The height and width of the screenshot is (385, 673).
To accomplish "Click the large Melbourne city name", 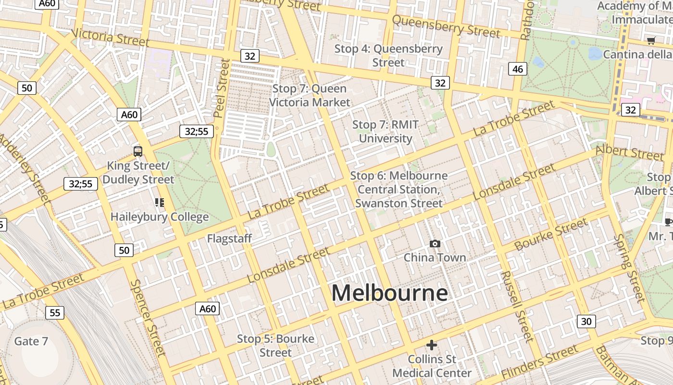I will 389,293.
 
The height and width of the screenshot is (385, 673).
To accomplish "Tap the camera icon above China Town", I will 435,244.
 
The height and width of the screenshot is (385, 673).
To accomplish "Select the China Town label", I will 435,257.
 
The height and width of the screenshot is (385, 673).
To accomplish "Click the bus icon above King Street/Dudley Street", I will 138,152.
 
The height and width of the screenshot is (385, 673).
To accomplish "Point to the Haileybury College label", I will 160,217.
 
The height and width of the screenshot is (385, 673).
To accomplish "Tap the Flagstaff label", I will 229,238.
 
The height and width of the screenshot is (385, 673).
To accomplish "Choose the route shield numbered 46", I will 517,69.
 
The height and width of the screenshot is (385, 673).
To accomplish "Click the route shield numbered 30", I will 586,321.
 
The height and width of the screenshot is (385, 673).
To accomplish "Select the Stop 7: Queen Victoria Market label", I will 310,95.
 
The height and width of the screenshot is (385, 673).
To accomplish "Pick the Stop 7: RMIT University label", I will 386,131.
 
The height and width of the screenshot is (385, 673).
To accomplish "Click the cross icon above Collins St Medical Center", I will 432,345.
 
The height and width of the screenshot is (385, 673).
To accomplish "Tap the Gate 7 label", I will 31,341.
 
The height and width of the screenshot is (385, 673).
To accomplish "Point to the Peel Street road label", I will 222,88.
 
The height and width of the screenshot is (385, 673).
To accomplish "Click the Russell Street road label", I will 517,306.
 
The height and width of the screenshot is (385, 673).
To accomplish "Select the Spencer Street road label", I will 148,318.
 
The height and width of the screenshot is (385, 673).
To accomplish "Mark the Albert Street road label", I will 629,152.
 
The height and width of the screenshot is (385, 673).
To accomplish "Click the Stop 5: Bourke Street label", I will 275,346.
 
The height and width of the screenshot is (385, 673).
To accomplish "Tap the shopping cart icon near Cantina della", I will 651,41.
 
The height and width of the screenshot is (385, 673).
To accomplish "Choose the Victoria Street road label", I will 110,37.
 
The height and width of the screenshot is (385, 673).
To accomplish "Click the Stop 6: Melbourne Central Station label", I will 399,190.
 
